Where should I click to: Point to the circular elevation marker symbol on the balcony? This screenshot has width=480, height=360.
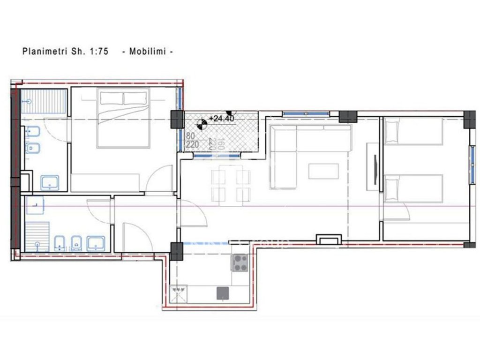(x=202, y=124)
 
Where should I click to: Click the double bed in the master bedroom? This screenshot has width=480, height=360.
(x=123, y=119)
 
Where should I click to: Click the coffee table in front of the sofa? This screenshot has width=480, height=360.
(x=323, y=171)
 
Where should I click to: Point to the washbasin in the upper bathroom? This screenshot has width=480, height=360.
(x=49, y=182)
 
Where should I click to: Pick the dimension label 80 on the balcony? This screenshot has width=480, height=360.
(x=190, y=136)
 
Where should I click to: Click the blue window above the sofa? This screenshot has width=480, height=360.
(x=305, y=113)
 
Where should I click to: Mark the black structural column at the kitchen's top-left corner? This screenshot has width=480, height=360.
(x=176, y=251)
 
